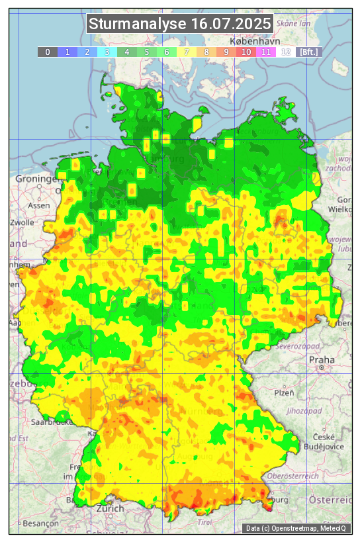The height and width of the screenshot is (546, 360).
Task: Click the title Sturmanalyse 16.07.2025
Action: coord(180,24)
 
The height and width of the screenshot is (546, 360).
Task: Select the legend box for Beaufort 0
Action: coord(48,52)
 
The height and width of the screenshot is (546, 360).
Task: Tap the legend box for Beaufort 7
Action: coord(187,52)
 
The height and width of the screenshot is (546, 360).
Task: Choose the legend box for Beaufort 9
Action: coord(226,52)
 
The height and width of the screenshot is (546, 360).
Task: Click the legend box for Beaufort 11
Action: coord(266,52)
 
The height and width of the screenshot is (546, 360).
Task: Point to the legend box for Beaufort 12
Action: coord(286,52)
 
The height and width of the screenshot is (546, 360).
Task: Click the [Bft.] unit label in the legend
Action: coord(308,52)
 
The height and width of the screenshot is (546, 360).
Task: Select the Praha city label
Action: coord(321,360)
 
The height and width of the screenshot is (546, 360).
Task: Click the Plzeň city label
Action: coord(284,392)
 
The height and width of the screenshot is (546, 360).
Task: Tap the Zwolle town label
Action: coord(22,222)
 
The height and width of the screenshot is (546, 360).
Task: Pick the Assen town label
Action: coord(39,205)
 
